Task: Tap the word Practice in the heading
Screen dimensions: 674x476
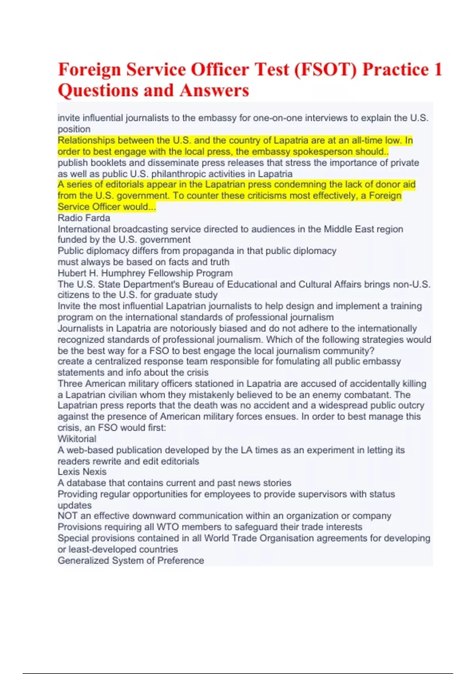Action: tap(395, 70)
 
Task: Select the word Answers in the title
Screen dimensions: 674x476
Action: tap(214, 90)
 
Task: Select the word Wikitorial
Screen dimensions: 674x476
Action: tap(77, 439)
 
